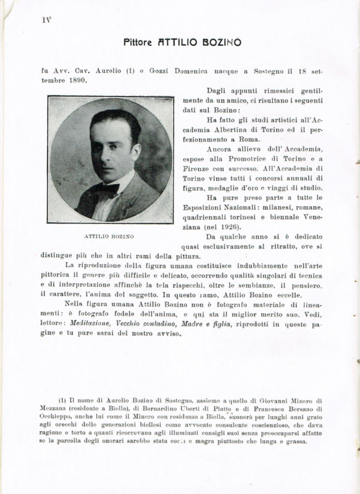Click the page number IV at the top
click(46, 20)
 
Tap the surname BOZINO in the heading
click(223, 42)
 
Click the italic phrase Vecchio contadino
click(143, 325)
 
